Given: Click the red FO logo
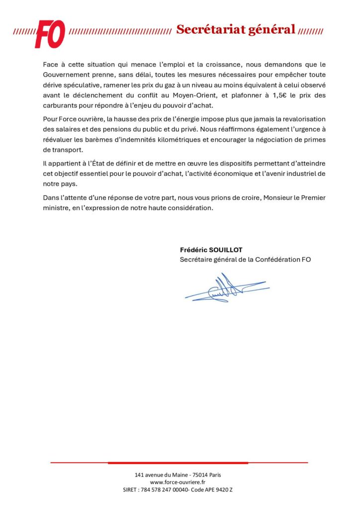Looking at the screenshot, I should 50,33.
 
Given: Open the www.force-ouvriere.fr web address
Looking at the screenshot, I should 178,482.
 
